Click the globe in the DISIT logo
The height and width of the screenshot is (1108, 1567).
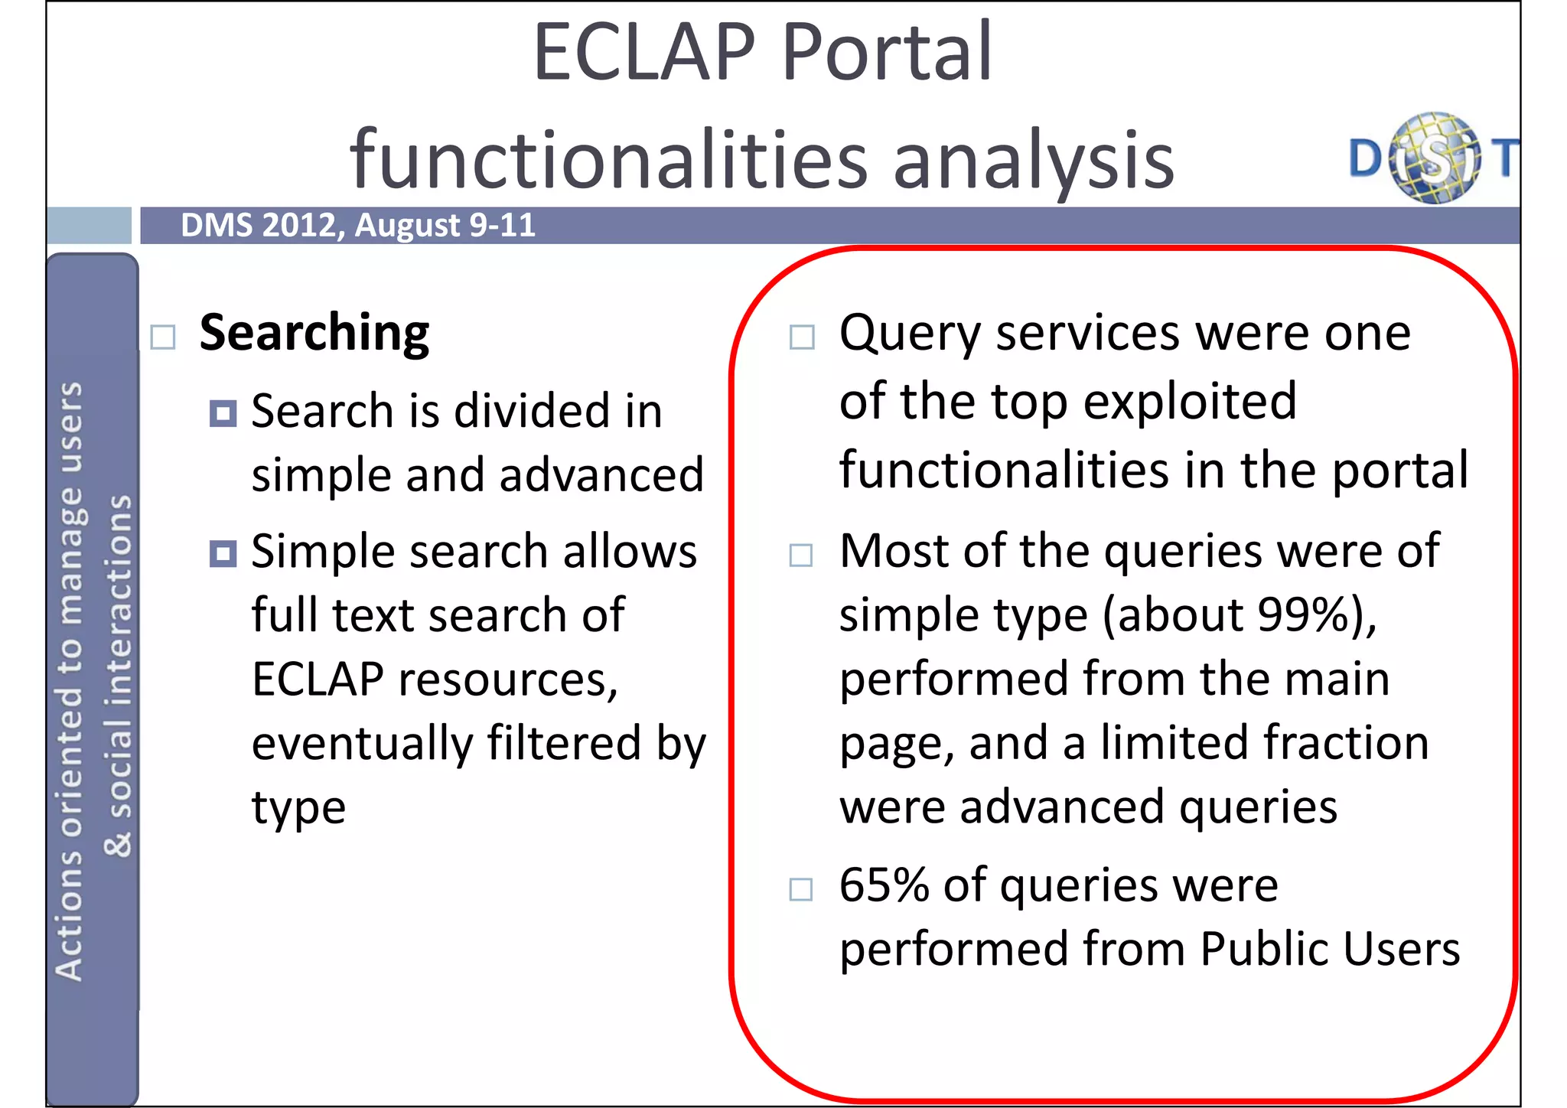click(1434, 158)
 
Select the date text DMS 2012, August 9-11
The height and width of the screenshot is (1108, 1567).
click(357, 226)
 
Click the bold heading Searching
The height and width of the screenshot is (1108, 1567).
click(314, 334)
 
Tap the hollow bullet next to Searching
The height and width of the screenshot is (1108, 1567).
click(163, 337)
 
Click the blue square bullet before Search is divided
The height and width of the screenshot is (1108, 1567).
click(223, 414)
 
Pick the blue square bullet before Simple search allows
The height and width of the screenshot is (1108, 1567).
click(223, 553)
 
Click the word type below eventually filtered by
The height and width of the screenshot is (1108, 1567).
click(298, 808)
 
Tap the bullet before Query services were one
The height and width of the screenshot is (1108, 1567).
click(801, 337)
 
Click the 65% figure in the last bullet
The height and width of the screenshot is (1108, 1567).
click(883, 885)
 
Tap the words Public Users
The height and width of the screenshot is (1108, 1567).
click(1330, 950)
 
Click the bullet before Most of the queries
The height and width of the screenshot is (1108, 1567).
click(801, 555)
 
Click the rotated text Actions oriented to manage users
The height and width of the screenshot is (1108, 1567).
click(70, 681)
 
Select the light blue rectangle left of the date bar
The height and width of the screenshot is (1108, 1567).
click(89, 225)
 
